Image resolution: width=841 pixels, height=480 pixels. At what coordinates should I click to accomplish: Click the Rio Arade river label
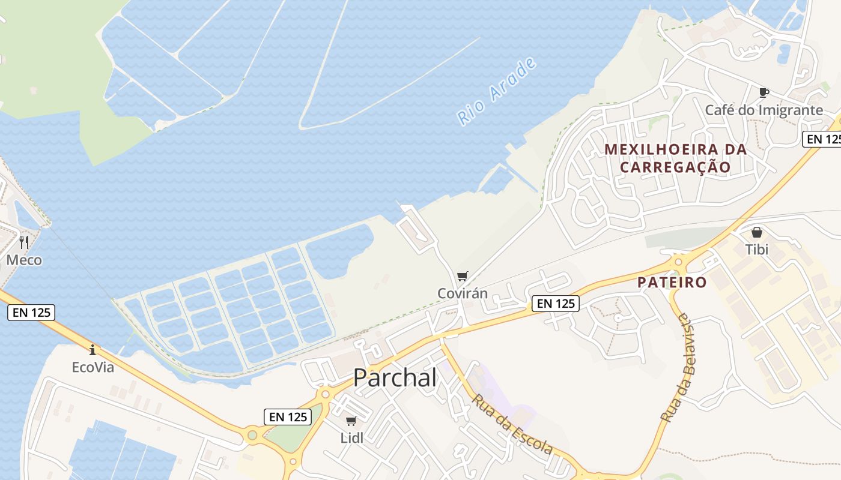tap(496, 91)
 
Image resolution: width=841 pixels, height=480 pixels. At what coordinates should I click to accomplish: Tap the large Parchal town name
tap(395, 377)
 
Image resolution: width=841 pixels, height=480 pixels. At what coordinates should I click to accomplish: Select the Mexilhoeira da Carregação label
tap(675, 158)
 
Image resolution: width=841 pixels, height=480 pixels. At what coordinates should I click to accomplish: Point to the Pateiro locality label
tap(672, 282)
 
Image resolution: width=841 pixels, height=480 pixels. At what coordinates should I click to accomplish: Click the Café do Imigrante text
tap(764, 110)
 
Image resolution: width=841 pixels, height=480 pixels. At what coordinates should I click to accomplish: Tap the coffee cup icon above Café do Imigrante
tap(764, 92)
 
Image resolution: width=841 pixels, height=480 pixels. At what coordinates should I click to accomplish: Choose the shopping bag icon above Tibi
tap(757, 232)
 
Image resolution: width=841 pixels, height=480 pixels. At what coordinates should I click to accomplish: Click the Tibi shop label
tap(757, 249)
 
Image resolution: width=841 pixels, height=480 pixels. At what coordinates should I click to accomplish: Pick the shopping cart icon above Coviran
tap(462, 276)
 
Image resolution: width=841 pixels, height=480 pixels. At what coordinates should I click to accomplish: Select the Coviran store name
tap(462, 293)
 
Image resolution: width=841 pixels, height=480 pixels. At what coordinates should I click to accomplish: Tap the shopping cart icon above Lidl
tap(351, 421)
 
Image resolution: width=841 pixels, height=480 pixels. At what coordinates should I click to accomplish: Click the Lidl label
tap(352, 437)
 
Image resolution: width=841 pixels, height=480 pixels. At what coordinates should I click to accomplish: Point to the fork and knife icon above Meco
tap(24, 242)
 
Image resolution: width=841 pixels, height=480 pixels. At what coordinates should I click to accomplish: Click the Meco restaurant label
tap(24, 260)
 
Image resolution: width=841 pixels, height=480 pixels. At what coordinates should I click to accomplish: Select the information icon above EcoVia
tap(93, 349)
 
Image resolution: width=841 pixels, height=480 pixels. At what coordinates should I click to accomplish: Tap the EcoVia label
tap(93, 367)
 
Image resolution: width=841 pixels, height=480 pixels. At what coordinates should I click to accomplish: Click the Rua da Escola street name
tap(512, 424)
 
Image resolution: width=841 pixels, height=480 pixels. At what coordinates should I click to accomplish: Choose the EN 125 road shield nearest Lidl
tap(288, 417)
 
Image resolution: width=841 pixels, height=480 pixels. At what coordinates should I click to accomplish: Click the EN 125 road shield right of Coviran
tap(556, 304)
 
